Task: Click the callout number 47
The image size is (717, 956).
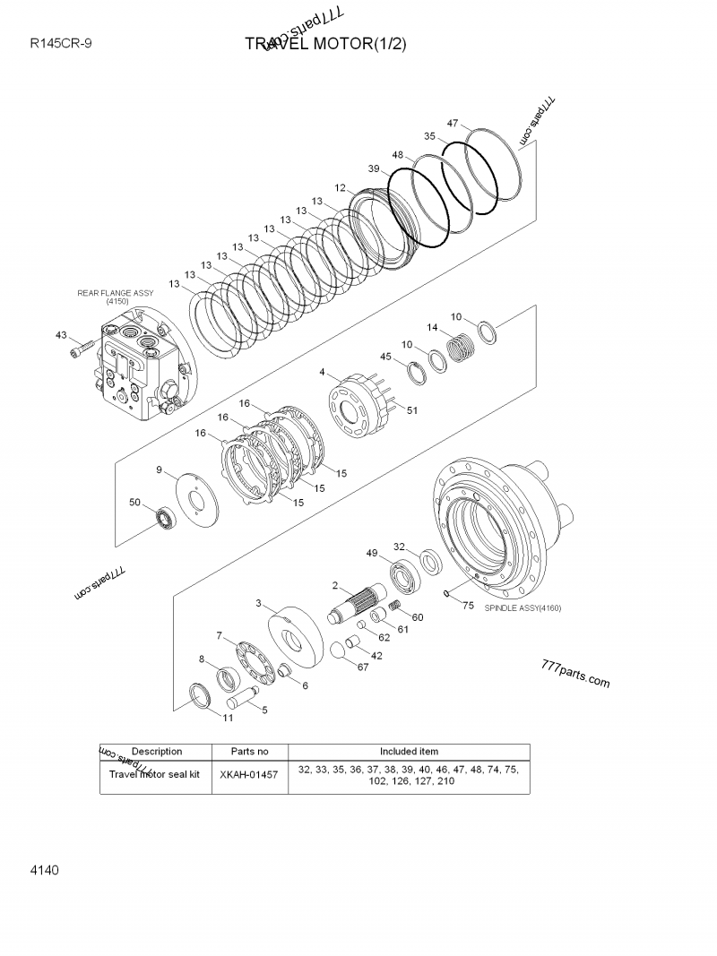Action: pyautogui.click(x=453, y=124)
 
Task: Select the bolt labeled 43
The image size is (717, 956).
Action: pyautogui.click(x=82, y=347)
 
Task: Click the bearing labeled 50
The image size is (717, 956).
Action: pyautogui.click(x=165, y=517)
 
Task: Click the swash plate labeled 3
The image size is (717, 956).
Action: pyautogui.click(x=294, y=639)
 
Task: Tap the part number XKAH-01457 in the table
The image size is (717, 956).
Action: pyautogui.click(x=248, y=774)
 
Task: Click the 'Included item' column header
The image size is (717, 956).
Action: pyautogui.click(x=409, y=751)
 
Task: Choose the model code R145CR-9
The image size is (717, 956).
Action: pyautogui.click(x=59, y=43)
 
